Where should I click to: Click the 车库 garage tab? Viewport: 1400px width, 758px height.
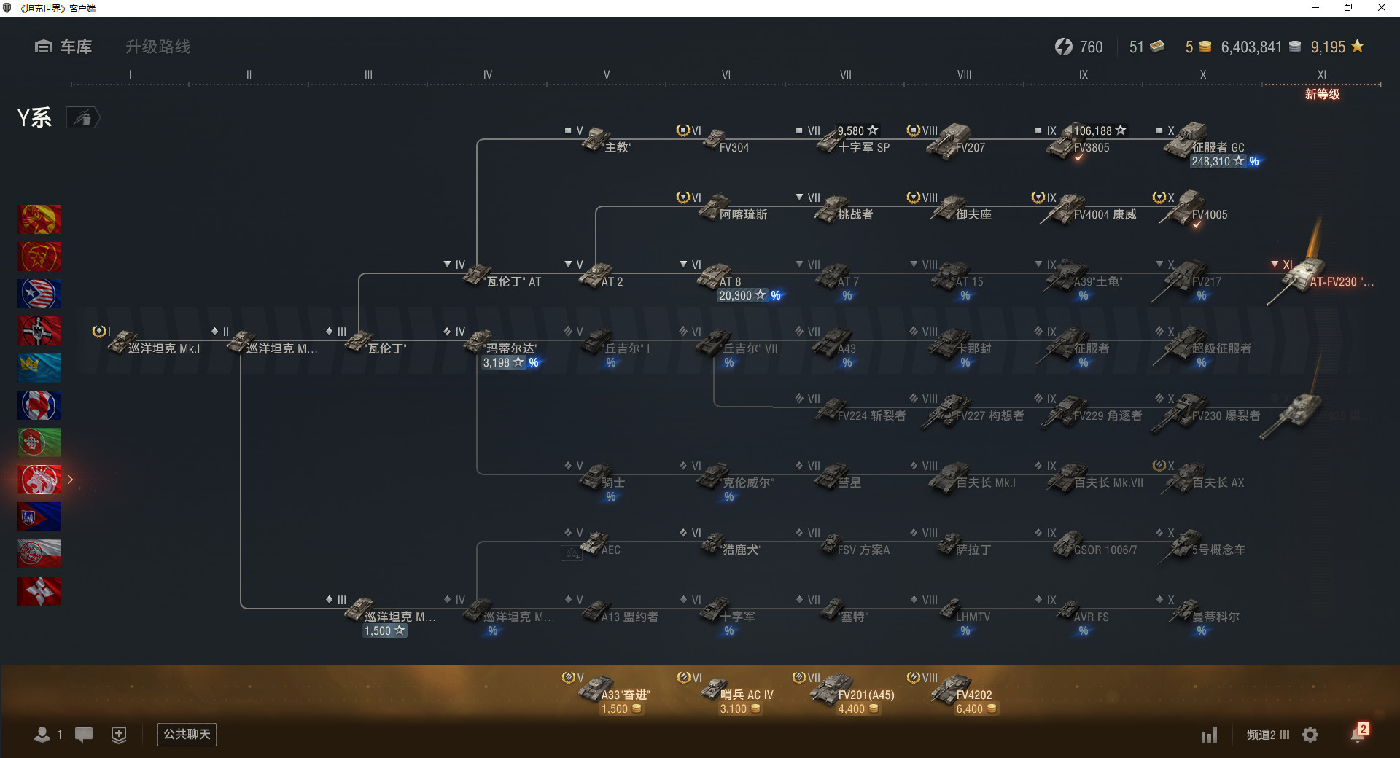pos(64,47)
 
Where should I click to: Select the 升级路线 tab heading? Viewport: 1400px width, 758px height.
pos(157,47)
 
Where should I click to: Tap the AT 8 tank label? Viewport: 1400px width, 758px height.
pos(730,281)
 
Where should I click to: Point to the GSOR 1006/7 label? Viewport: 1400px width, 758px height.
pos(1105,550)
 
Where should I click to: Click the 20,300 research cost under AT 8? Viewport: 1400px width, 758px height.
pos(736,296)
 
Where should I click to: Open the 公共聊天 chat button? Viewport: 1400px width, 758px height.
pos(187,734)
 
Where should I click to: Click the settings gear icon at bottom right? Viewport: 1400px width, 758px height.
pos(1310,735)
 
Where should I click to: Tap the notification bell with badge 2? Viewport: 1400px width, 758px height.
pos(1358,734)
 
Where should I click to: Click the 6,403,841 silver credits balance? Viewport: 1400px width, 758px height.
pos(1251,47)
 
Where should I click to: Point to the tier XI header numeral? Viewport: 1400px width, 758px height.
pos(1321,74)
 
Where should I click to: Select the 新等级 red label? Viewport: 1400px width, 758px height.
pos(1322,94)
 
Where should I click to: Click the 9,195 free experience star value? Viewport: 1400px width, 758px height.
pos(1329,47)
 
